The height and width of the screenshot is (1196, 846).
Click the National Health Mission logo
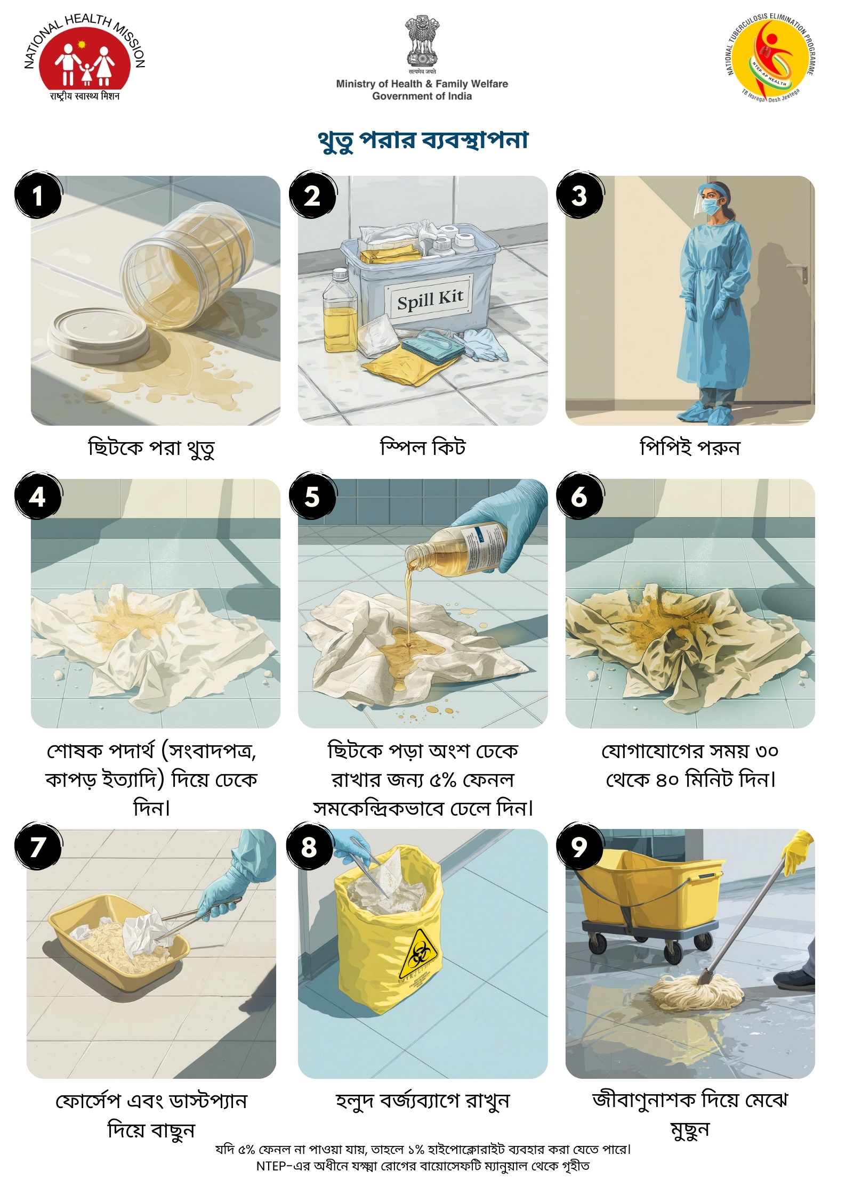coord(85,58)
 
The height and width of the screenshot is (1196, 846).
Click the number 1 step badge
coord(38,195)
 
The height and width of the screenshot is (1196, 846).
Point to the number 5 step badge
coord(312,497)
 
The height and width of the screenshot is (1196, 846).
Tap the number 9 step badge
coord(579,847)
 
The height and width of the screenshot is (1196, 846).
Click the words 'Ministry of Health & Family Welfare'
coord(422,84)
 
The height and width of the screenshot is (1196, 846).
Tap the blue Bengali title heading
coord(423,140)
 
